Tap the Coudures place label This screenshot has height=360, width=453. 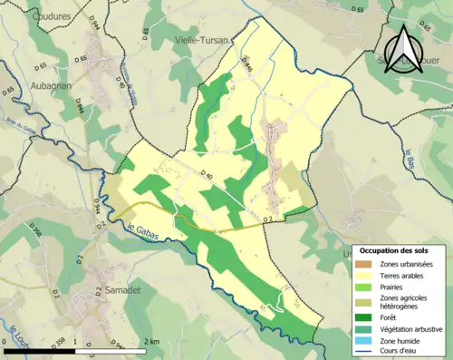(x=50, y=15)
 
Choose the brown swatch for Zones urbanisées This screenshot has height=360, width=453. (x=364, y=264)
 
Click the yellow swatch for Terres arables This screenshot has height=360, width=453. (x=364, y=275)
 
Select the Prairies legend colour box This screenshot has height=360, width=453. (x=364, y=287)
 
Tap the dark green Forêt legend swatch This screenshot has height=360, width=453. (x=364, y=316)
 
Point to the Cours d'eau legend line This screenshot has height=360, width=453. (x=364, y=350)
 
